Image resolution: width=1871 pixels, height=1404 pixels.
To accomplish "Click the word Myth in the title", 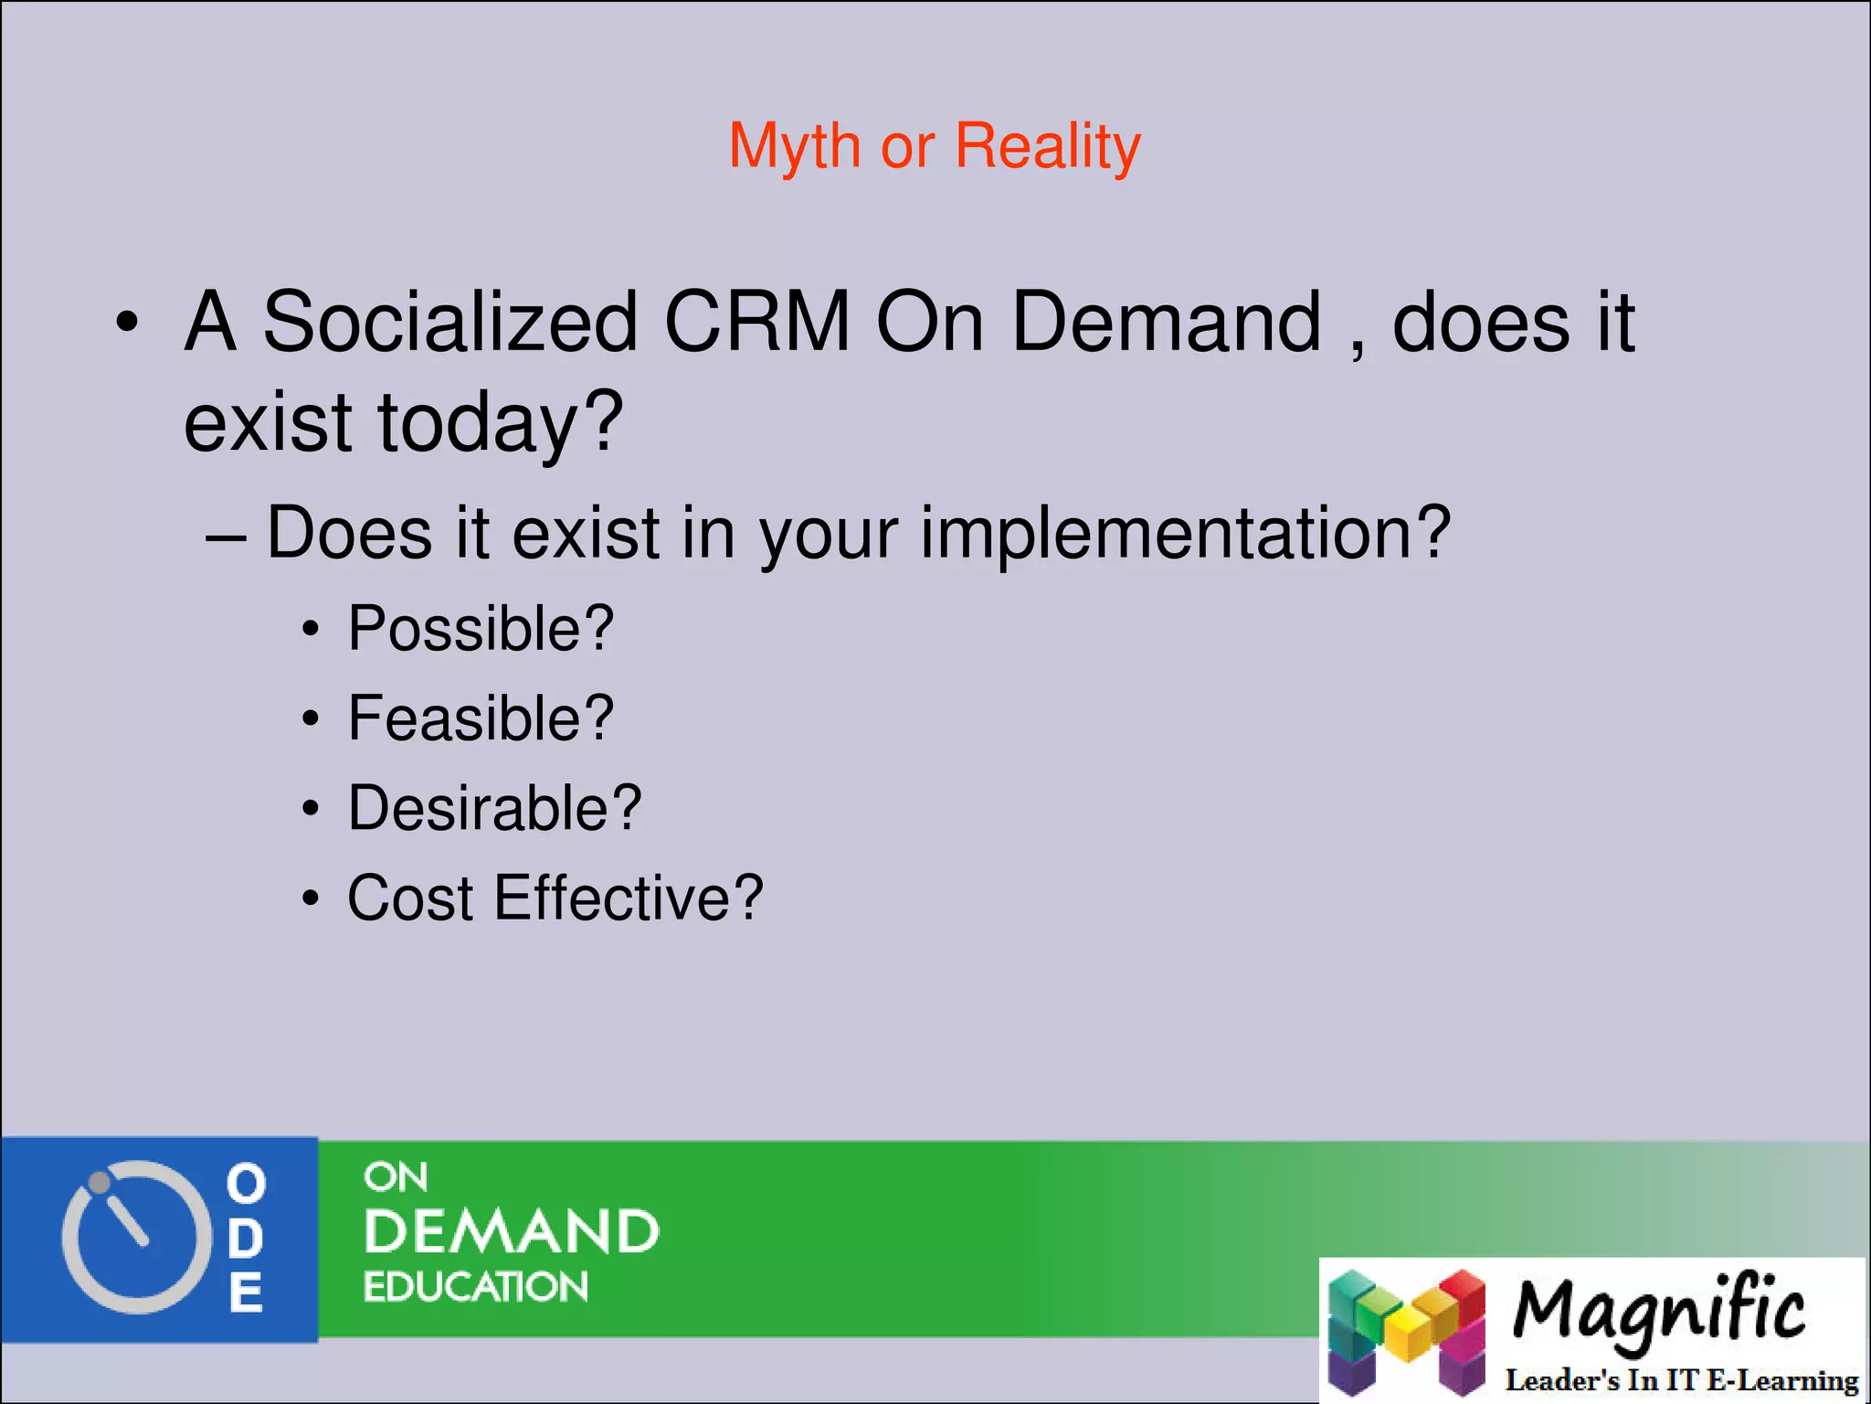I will (794, 146).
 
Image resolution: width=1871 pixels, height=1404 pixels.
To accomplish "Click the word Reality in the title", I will (1048, 146).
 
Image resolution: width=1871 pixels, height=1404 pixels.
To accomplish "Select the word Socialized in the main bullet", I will (449, 322).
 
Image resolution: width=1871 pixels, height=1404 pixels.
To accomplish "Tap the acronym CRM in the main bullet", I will (757, 322).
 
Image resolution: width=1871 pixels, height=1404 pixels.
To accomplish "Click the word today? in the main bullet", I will (501, 422).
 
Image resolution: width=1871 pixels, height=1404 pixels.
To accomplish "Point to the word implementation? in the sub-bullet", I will (1185, 533).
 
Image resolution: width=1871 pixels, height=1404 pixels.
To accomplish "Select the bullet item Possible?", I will (481, 629).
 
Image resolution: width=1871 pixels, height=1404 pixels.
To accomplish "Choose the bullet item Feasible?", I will (481, 718).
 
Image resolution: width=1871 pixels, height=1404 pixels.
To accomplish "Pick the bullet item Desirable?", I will (494, 808).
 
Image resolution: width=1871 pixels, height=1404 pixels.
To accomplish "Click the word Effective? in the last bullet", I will (629, 898).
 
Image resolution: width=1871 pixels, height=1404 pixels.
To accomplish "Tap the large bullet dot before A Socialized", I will (127, 324).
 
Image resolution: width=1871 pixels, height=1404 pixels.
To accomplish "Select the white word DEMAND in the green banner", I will (512, 1232).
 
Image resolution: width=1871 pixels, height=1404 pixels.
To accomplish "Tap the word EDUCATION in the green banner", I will (476, 1287).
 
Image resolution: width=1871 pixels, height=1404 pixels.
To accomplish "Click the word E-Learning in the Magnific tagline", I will (1781, 1380).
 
